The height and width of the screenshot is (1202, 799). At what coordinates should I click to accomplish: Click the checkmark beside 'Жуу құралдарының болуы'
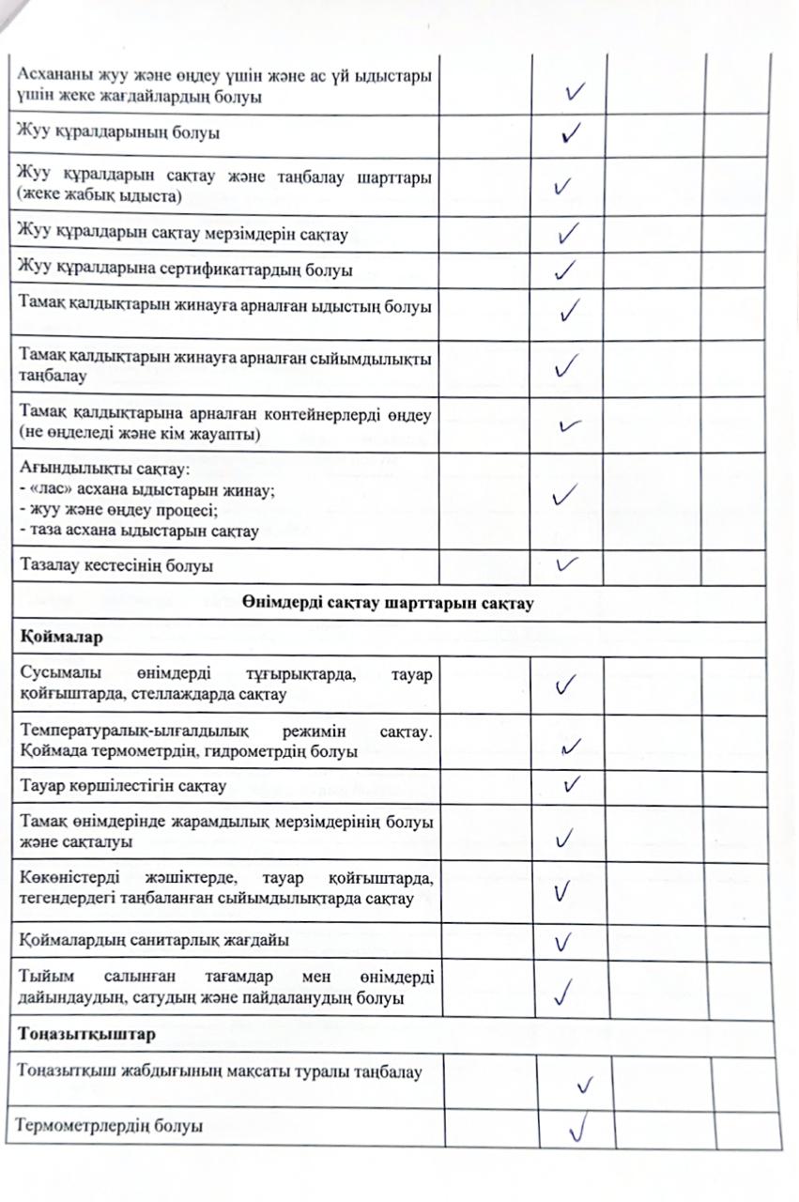coord(568,134)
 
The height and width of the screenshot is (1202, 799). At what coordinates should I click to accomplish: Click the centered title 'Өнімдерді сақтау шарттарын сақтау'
coord(391,603)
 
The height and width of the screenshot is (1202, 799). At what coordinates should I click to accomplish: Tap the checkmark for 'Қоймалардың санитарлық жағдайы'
coord(564,940)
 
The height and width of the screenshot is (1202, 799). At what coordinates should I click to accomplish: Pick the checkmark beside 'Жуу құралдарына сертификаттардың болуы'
coord(565,270)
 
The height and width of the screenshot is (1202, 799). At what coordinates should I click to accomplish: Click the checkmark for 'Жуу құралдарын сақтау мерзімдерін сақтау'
coord(566,232)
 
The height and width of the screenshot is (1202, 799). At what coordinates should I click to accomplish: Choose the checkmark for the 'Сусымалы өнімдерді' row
coord(565,686)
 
